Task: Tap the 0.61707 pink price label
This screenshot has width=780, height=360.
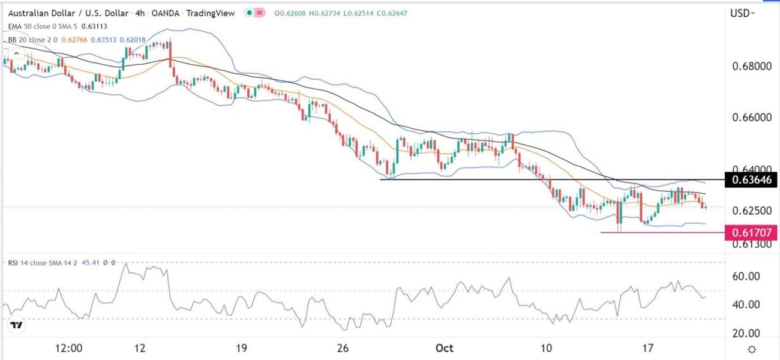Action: tap(751, 232)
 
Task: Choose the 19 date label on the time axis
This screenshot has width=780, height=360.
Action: tap(242, 349)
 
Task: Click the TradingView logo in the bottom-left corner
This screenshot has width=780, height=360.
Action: tap(17, 326)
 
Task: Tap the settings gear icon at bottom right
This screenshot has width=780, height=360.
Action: tap(751, 349)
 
